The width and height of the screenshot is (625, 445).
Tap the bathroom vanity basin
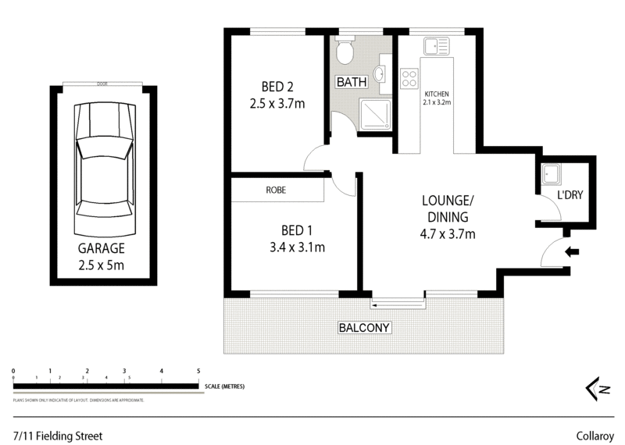379,75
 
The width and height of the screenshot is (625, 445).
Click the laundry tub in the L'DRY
550,176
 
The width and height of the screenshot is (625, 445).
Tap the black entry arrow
572,252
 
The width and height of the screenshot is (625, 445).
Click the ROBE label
276,190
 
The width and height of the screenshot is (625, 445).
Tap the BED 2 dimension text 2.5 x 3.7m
277,102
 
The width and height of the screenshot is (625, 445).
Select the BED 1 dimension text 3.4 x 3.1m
292,247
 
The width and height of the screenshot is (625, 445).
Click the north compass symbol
598,388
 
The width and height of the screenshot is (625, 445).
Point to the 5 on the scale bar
198,370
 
